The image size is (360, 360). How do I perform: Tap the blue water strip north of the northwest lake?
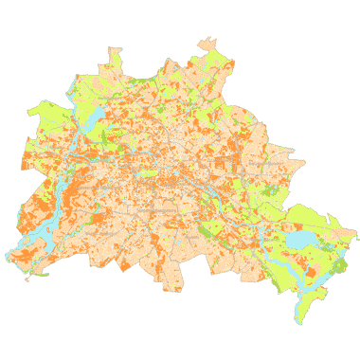click(76, 92)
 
